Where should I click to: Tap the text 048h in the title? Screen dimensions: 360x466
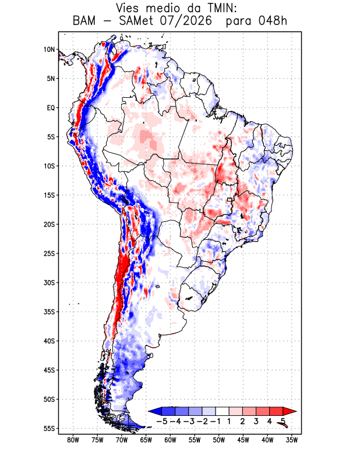point(272,21)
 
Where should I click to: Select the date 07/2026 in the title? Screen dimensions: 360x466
point(186,21)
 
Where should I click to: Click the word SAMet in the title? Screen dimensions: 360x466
point(136,21)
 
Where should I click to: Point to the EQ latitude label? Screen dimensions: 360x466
point(51,108)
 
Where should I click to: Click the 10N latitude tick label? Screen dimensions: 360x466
point(49,50)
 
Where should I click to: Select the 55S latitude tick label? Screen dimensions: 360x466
point(49,428)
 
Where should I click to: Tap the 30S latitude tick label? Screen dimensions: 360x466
point(49,283)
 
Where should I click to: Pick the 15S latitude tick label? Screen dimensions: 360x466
point(49,195)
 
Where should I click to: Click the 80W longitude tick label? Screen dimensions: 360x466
point(73,440)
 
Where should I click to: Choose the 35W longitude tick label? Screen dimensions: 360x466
point(292,440)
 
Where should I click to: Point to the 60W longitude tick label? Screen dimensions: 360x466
point(170,440)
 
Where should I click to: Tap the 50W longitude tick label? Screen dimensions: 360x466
point(219,440)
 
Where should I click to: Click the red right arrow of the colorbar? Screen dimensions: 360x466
point(290,411)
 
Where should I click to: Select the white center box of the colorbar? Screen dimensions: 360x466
point(223,411)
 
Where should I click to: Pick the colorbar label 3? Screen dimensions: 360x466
point(256,421)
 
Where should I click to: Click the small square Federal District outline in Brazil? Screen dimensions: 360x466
point(229,200)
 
